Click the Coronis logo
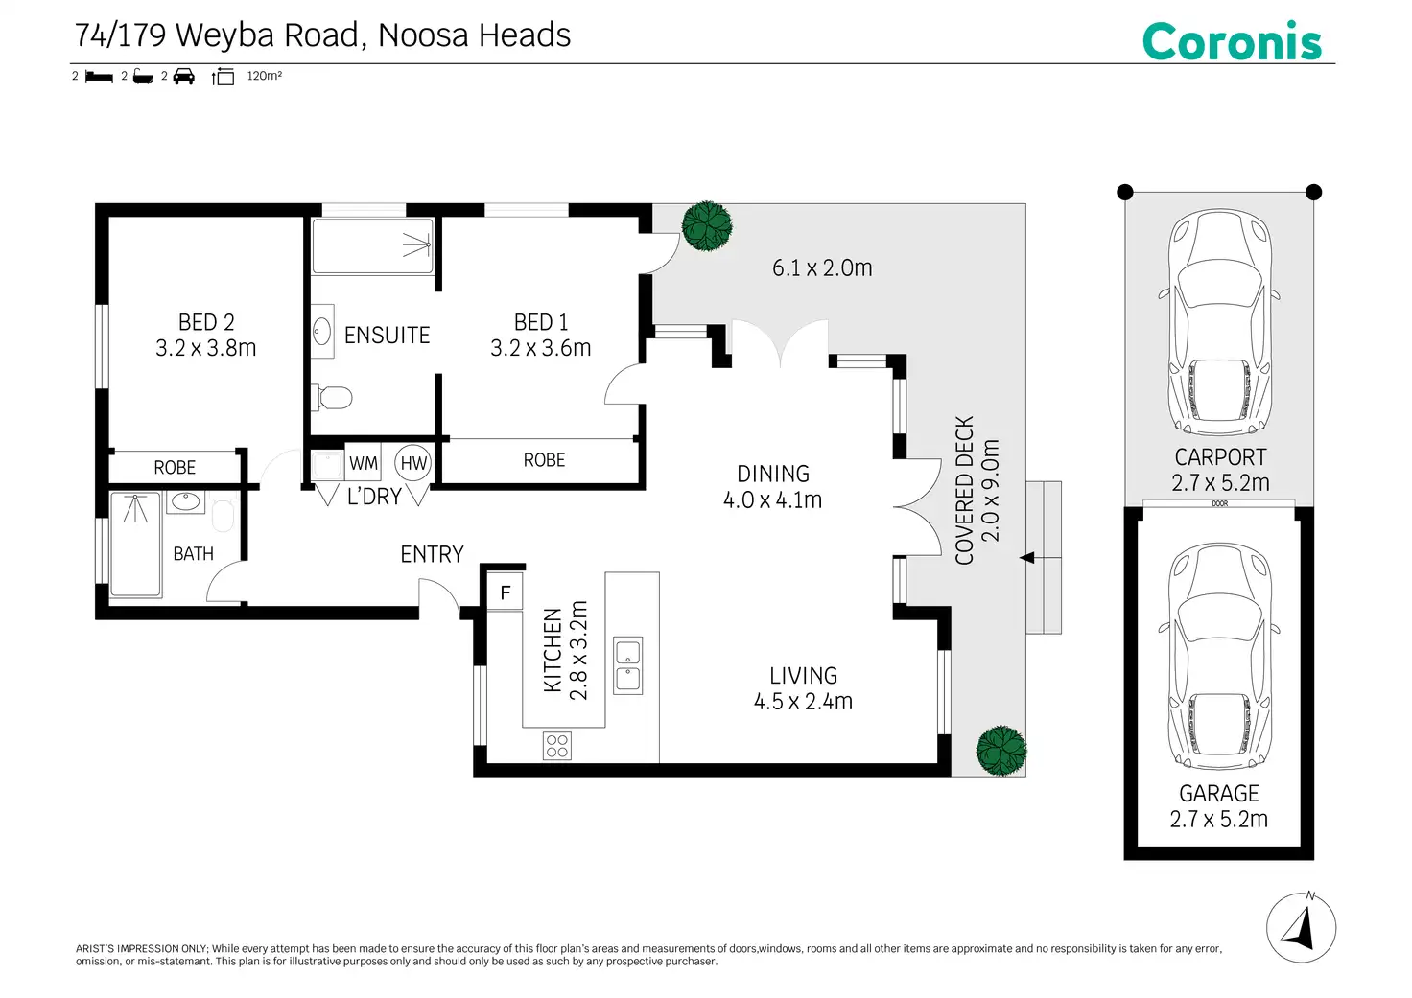pos(1232,41)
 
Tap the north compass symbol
pos(1301,927)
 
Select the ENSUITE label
pos(387,336)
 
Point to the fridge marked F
pos(505,592)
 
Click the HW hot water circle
pos(412,463)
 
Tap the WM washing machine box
pos(364,464)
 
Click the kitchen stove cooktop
pos(556,746)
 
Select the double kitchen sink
pos(628,665)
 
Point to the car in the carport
pos(1220,322)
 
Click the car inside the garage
pos(1220,656)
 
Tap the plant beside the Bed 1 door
pos(707,225)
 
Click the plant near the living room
pos(1001,751)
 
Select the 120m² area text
pos(264,76)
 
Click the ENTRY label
pos(432,554)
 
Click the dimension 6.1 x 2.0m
pos(822,268)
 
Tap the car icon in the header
pos(183,77)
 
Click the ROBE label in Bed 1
pos(544,460)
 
